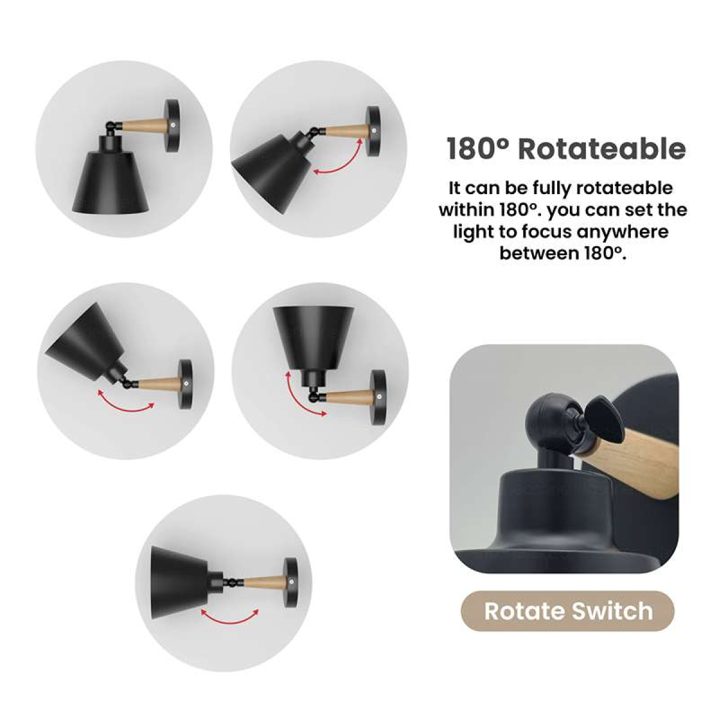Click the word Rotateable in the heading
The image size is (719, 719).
602,149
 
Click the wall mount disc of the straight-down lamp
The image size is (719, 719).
172,125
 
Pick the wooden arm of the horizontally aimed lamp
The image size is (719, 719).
264,581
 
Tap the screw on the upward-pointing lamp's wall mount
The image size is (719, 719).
379,397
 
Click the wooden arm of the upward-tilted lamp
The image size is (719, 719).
161,383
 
